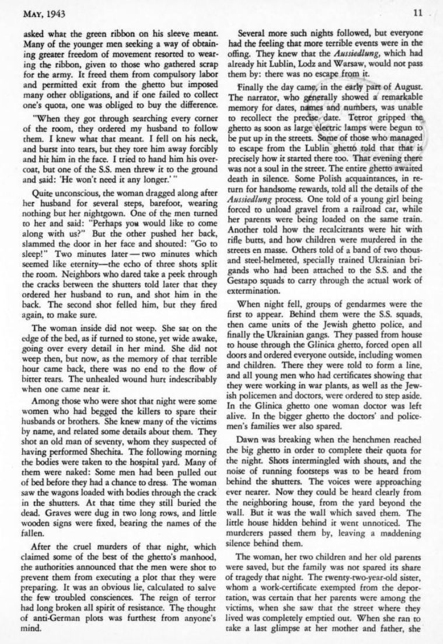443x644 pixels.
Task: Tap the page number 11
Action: coord(417,12)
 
